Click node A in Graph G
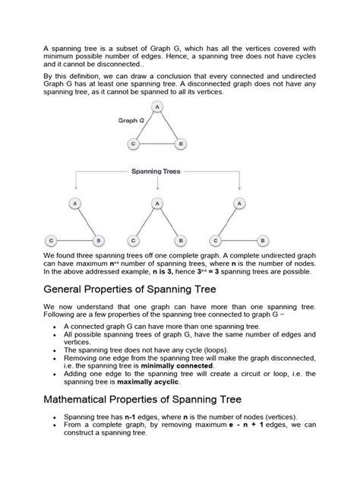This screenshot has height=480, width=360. click(x=157, y=108)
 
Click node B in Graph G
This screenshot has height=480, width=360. click(x=180, y=142)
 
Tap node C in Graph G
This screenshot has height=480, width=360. click(x=134, y=142)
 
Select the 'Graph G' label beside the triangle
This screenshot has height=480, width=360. click(x=131, y=121)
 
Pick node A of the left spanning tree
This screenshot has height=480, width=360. click(x=74, y=204)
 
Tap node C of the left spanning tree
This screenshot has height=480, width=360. click(x=51, y=240)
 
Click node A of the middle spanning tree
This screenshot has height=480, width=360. click(x=156, y=204)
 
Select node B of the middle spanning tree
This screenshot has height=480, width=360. click(x=179, y=240)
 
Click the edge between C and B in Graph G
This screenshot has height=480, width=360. click(x=157, y=142)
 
